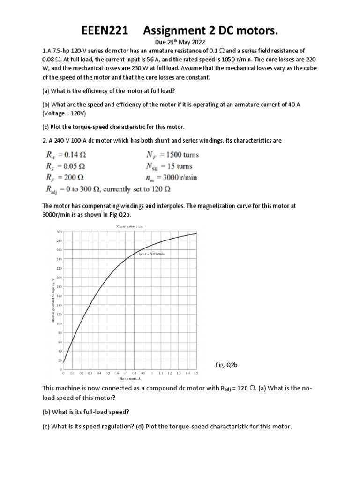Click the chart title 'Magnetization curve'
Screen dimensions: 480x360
[130, 226]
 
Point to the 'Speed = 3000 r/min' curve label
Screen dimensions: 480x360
[151, 253]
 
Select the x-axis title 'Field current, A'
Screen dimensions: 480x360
[130, 378]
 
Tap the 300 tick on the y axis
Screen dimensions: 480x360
[59, 232]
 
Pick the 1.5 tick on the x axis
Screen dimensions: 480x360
[196, 373]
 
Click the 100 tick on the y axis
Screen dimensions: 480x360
[59, 323]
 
